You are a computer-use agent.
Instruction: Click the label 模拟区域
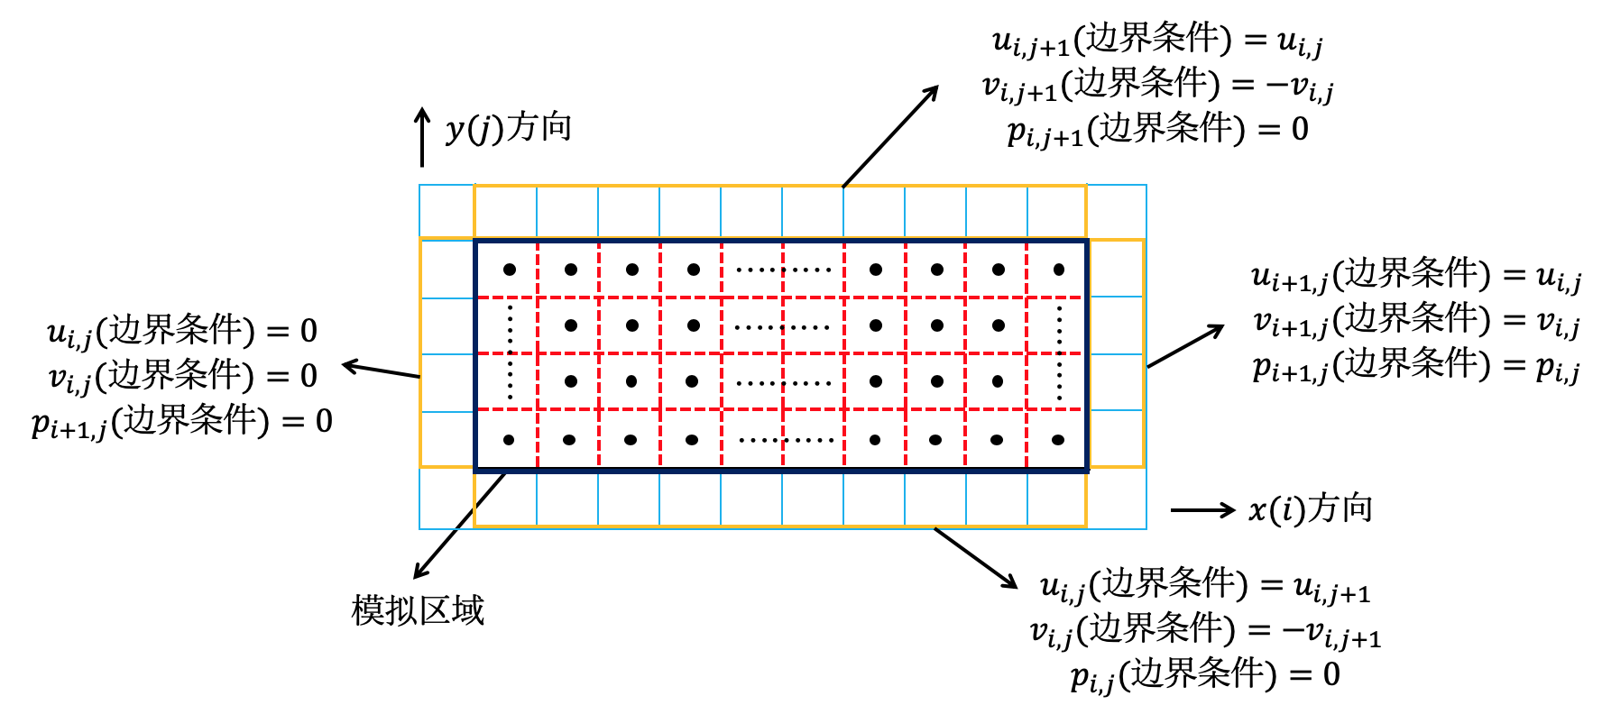(x=418, y=610)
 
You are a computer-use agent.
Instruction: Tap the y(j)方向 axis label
(x=509, y=128)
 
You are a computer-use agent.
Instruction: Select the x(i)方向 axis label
(x=1310, y=509)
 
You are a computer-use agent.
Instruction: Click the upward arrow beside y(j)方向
(x=421, y=138)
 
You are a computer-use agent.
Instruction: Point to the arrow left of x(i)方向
(x=1202, y=510)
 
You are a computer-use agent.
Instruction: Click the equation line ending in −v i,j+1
(x=1205, y=630)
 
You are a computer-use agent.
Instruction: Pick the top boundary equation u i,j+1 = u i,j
(x=1156, y=41)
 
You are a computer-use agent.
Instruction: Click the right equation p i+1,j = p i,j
(x=1415, y=366)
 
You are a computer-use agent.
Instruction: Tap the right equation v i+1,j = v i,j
(x=1415, y=321)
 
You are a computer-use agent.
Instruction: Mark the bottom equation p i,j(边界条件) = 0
(x=1205, y=675)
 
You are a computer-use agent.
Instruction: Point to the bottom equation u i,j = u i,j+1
(x=1205, y=587)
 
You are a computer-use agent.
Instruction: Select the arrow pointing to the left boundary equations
(x=381, y=371)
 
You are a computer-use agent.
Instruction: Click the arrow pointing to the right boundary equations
(x=1185, y=345)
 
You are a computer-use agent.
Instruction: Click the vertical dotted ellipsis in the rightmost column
(x=1059, y=354)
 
